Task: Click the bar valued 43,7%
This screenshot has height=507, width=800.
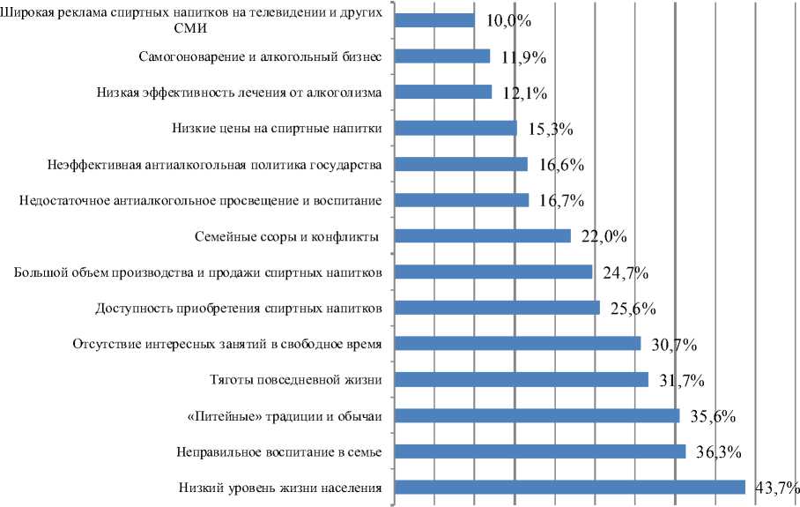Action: (x=570, y=488)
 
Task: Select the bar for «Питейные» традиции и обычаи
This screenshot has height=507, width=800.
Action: (x=537, y=415)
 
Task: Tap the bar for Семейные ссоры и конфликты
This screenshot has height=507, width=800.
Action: (x=483, y=235)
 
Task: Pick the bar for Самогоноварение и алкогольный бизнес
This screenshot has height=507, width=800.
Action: (x=442, y=56)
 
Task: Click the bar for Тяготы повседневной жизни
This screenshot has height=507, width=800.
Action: (x=522, y=379)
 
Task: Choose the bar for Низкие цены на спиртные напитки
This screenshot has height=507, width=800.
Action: (x=456, y=128)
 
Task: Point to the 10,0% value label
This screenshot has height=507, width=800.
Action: (x=508, y=20)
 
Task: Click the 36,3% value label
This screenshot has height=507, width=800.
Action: (x=717, y=451)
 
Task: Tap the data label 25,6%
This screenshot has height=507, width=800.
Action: (x=632, y=308)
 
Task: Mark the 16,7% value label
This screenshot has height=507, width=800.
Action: (x=561, y=200)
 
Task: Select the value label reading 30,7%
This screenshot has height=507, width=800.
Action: (x=672, y=344)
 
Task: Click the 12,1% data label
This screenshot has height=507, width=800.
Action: (x=525, y=93)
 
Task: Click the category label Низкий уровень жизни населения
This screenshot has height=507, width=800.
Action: (x=279, y=488)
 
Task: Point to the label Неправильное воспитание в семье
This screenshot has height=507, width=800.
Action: (x=278, y=452)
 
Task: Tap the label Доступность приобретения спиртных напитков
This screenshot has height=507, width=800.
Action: (x=238, y=309)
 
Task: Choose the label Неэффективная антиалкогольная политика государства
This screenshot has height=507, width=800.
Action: (x=212, y=165)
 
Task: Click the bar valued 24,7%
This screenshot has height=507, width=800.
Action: (x=493, y=272)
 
